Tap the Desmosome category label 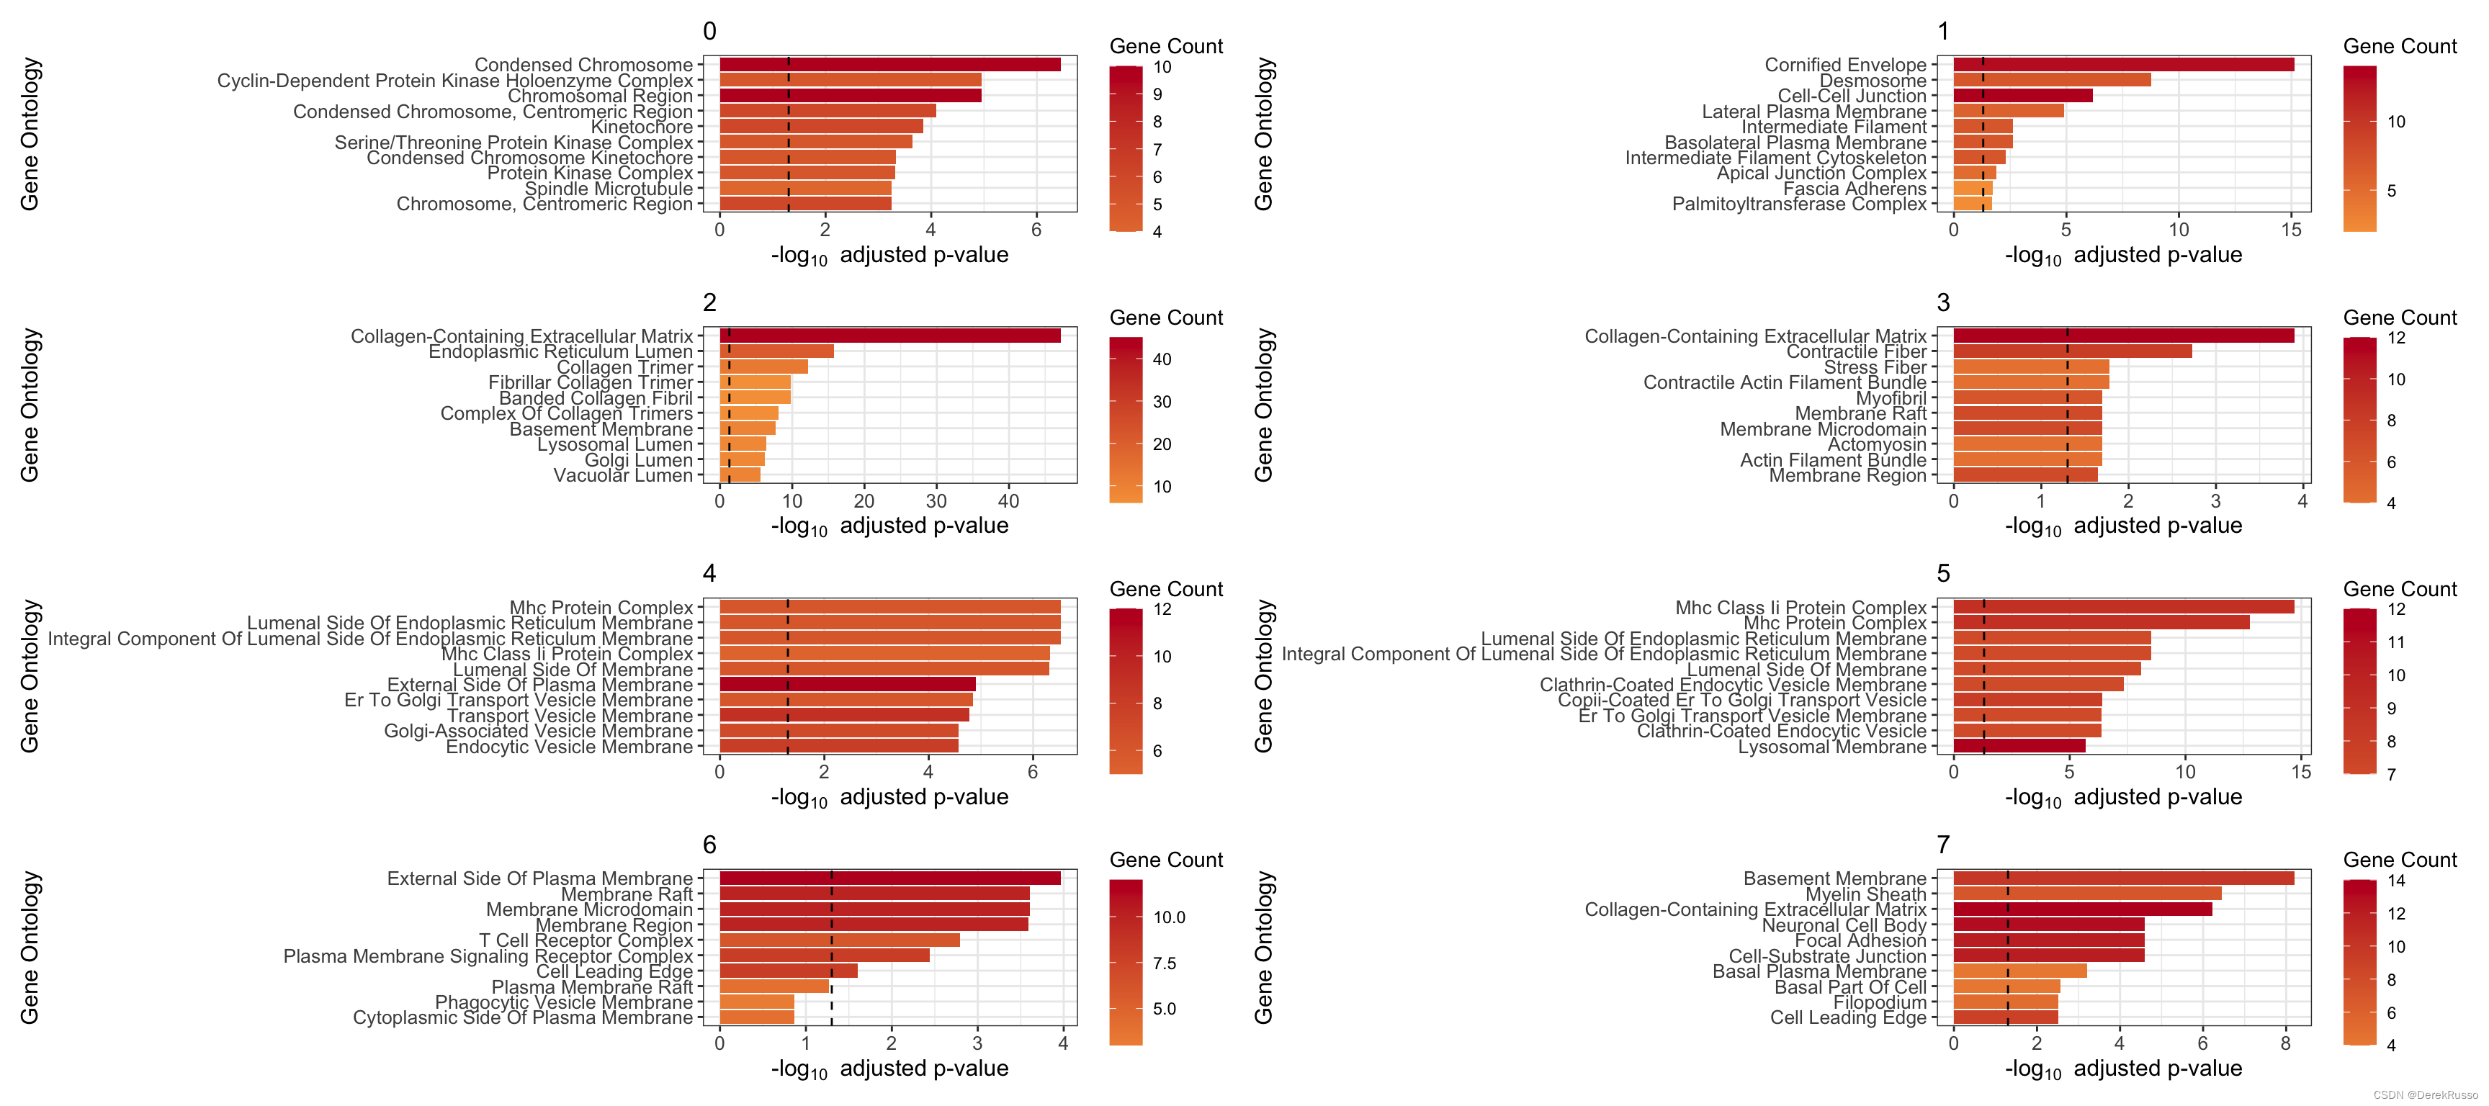click(x=1872, y=80)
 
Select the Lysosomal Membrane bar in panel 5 click(x=2019, y=747)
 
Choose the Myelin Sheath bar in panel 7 click(x=2087, y=894)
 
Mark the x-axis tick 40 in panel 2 click(x=1008, y=501)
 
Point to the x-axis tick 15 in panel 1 click(x=2291, y=230)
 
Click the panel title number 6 click(x=709, y=845)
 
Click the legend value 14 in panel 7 click(x=2396, y=881)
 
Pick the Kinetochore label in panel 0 click(x=642, y=127)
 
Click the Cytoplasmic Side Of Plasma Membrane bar click(x=756, y=1018)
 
